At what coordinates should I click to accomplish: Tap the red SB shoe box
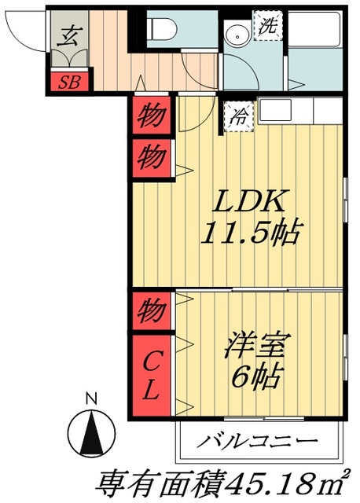69,80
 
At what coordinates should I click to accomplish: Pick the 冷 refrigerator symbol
238,118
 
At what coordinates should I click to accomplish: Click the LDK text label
251,201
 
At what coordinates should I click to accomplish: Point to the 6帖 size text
254,380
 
